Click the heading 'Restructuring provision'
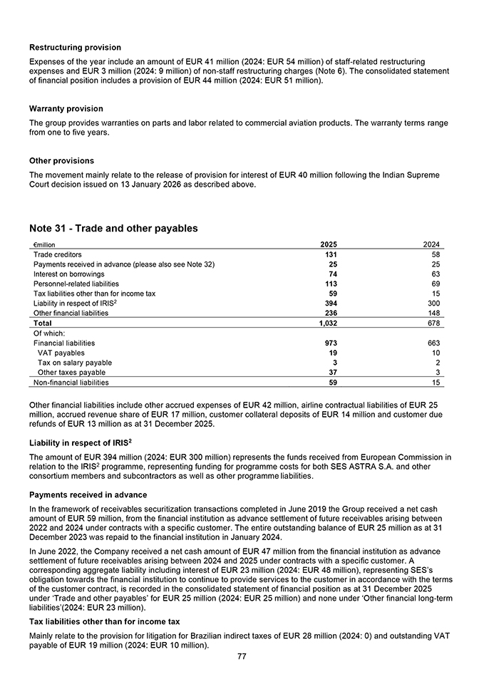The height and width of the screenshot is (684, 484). point(75,48)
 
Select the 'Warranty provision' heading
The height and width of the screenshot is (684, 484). point(66,109)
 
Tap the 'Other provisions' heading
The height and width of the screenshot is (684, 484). point(61,161)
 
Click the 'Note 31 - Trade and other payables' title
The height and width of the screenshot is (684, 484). point(113,229)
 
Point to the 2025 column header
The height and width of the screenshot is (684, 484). point(329,244)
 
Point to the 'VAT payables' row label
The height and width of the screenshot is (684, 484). point(61,353)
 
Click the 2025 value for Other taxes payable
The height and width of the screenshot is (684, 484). point(331,373)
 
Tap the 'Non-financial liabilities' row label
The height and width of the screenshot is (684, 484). point(71,383)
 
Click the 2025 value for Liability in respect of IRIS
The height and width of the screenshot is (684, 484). point(329,304)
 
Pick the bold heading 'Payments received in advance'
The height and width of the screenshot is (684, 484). point(89,494)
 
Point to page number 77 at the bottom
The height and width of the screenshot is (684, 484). point(242,656)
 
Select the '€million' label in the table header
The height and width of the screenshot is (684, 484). point(44,244)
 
